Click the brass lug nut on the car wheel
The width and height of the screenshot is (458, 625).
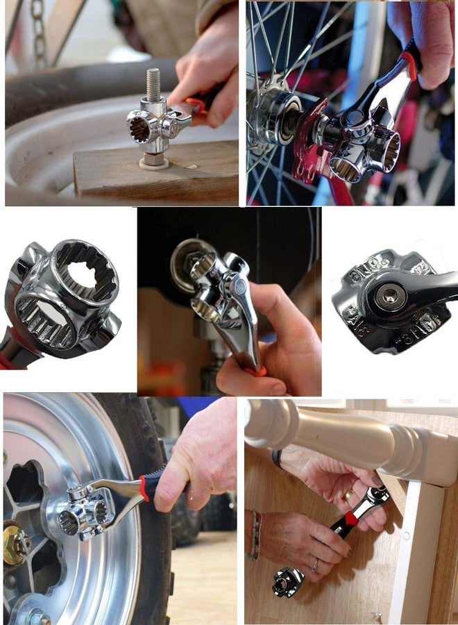(x=15, y=546)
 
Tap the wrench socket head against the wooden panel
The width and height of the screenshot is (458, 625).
(x=287, y=581)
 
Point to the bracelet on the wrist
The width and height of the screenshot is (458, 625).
(x=255, y=535)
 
